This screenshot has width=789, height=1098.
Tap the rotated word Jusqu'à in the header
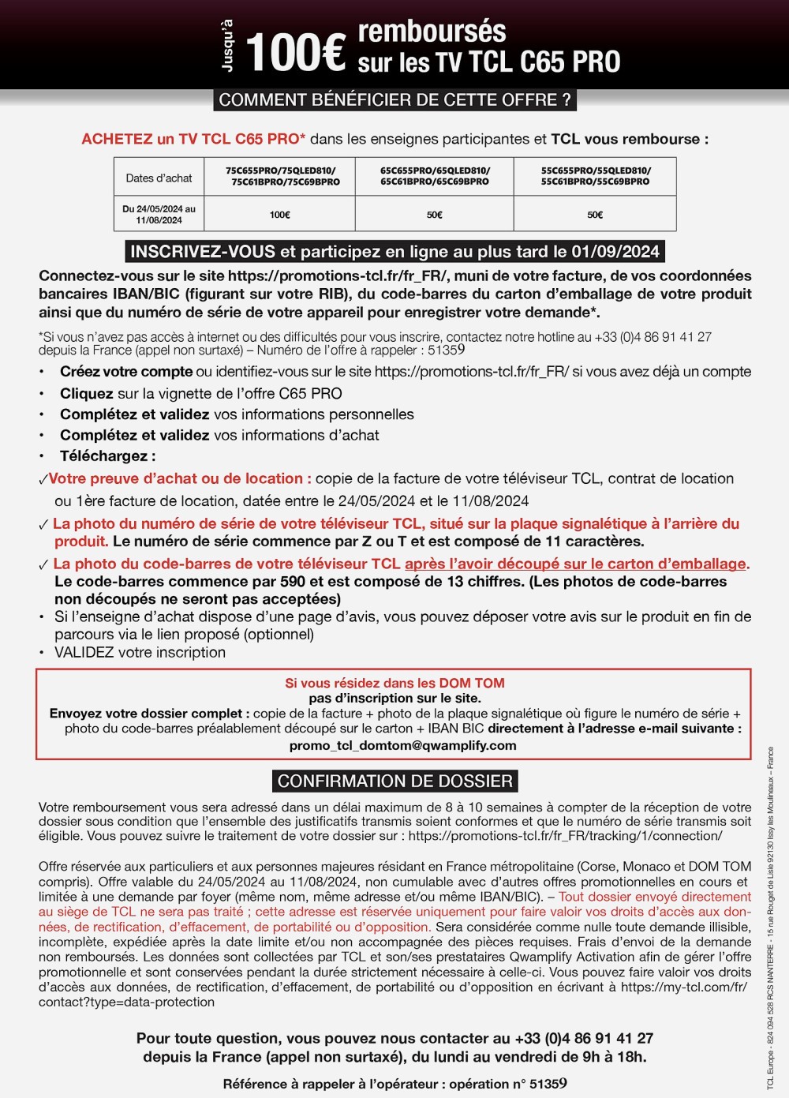coord(228,47)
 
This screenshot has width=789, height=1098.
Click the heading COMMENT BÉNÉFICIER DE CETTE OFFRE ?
coord(394,100)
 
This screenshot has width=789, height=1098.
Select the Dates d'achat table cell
coord(159,178)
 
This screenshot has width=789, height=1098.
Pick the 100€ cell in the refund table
coord(279,215)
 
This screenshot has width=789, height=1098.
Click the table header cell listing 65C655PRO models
coord(435,176)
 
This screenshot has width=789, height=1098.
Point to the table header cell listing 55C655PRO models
coord(596,176)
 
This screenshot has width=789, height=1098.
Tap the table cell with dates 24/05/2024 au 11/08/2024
coord(159,215)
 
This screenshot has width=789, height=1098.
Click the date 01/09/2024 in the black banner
coord(615,252)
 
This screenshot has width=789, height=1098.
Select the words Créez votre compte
coord(126,372)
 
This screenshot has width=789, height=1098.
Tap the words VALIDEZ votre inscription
coord(140,653)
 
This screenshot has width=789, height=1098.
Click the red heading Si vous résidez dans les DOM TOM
coord(394,683)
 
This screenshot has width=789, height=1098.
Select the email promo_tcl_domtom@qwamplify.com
coord(402,745)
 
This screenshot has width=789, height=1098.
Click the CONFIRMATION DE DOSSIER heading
coord(394,781)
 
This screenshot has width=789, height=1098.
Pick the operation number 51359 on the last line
coord(548,1084)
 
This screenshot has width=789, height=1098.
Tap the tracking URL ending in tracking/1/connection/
coord(565,836)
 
